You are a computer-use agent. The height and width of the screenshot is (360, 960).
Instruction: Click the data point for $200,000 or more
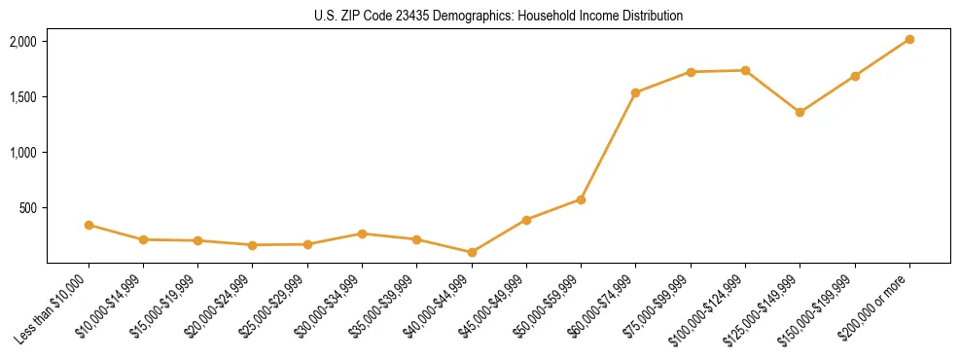point(909,39)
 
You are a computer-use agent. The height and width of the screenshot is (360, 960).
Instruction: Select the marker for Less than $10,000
point(89,225)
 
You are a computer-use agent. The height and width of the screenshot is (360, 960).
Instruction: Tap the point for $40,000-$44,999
point(472,252)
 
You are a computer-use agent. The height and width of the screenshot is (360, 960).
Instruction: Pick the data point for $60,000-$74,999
point(636,92)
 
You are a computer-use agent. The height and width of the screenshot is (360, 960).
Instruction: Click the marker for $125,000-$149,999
point(800,112)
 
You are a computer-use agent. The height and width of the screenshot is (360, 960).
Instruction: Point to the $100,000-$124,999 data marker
point(745,70)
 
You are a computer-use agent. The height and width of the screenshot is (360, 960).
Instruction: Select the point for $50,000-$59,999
point(581,199)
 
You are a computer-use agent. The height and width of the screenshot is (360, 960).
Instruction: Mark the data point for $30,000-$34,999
point(362,234)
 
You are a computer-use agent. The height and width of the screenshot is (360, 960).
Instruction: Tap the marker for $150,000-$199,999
point(855,76)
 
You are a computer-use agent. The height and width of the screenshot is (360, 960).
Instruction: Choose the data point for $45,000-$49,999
point(526,220)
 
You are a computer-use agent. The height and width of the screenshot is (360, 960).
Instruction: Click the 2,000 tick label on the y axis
point(23,42)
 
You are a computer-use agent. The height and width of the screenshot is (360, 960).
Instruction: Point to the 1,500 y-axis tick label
point(23,97)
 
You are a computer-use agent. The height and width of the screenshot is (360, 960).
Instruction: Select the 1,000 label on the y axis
point(23,153)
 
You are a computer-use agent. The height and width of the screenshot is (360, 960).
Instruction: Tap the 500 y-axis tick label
point(27,208)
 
